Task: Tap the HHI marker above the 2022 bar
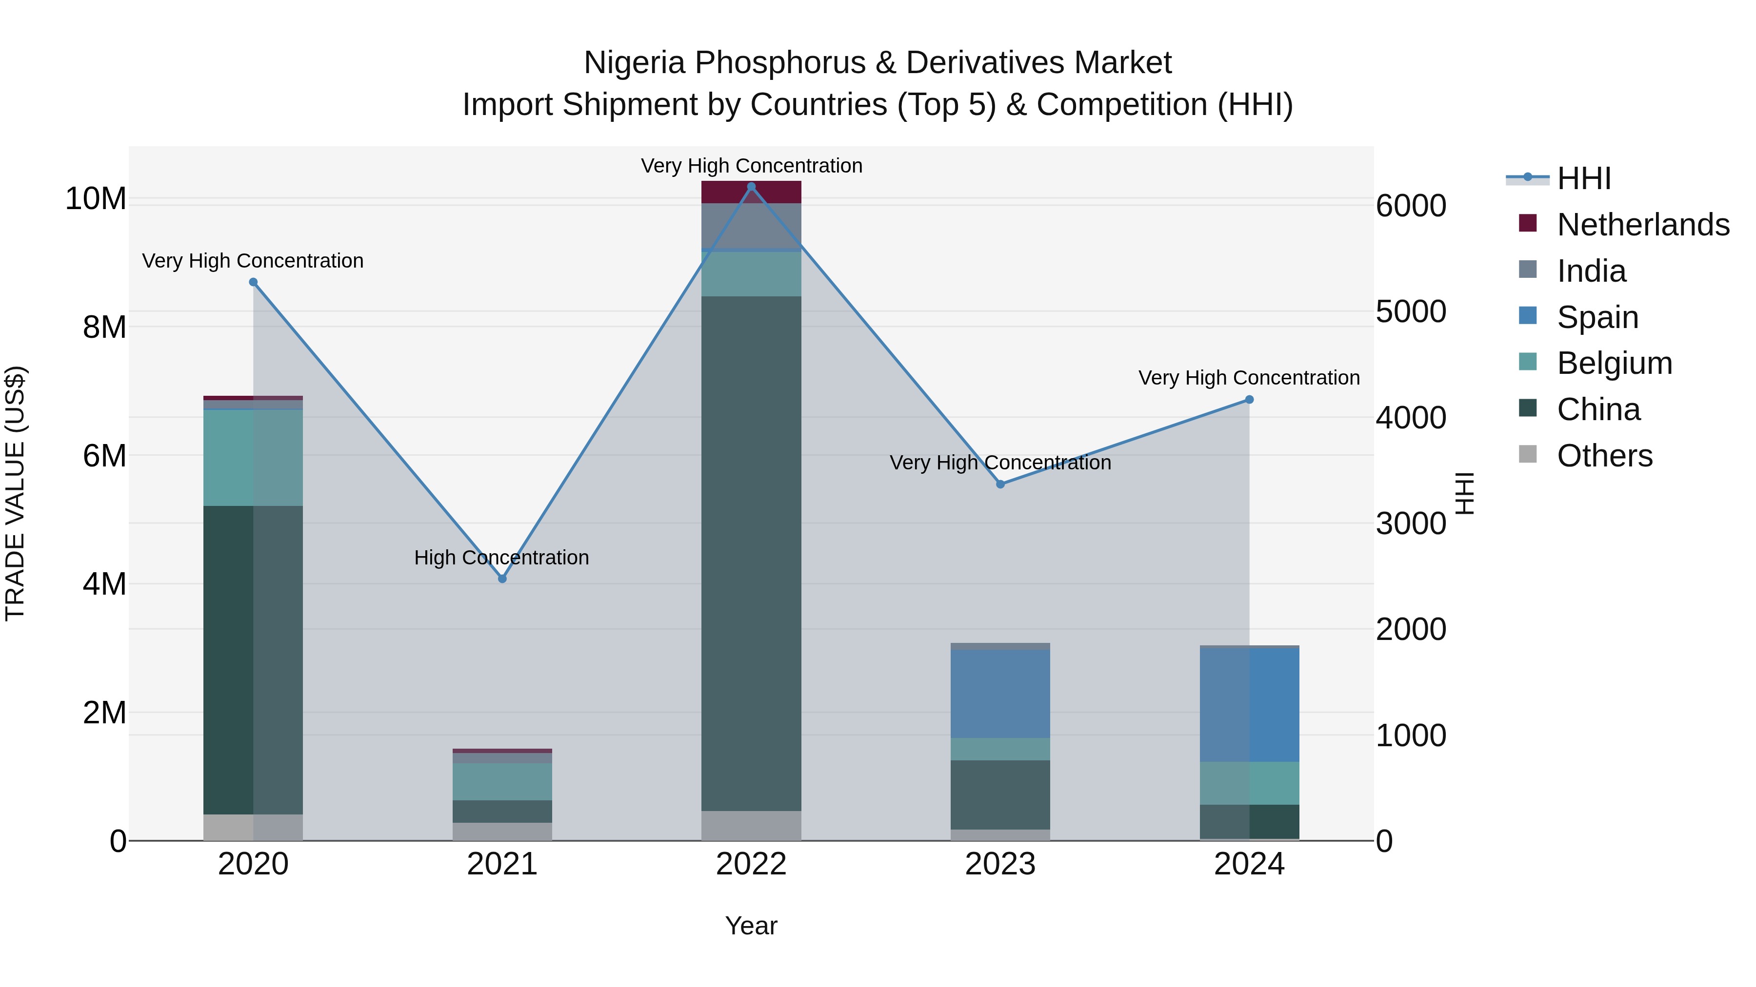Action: click(x=751, y=186)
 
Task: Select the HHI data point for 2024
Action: click(x=1249, y=400)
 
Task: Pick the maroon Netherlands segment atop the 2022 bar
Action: click(x=751, y=193)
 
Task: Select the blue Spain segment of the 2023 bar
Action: click(x=1000, y=694)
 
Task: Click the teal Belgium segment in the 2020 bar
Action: click(x=253, y=458)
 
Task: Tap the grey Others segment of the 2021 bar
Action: click(x=502, y=832)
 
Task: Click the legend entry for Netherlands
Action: click(x=1643, y=225)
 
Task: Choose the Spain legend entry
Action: click(x=1597, y=317)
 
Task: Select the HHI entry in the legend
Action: click(x=1583, y=178)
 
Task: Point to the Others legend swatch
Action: click(x=1528, y=454)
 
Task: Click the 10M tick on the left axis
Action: click(x=96, y=199)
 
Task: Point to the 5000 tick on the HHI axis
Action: click(x=1410, y=312)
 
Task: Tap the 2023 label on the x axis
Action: click(x=1000, y=864)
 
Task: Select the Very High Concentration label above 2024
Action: click(x=1249, y=378)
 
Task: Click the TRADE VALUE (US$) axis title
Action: click(x=16, y=493)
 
